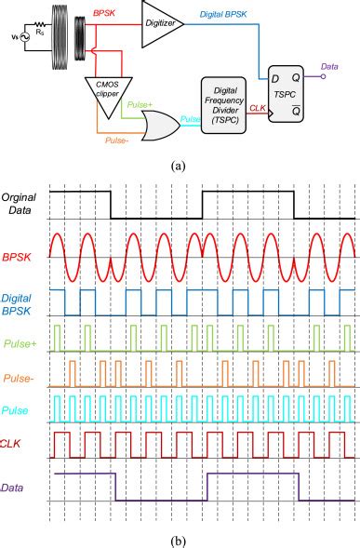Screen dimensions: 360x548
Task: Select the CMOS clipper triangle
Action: [108, 94]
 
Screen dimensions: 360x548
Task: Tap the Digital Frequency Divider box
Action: [223, 105]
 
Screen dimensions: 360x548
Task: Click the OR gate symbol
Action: [161, 126]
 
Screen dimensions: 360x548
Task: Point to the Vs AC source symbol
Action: [25, 37]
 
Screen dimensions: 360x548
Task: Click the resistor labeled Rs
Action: [40, 25]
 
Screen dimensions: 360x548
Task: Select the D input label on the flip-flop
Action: [275, 79]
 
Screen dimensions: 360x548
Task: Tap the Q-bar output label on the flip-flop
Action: [296, 110]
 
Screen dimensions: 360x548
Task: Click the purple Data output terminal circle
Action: [324, 76]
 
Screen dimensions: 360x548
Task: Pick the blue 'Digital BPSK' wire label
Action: [223, 14]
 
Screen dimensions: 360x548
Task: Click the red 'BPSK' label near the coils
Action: [104, 14]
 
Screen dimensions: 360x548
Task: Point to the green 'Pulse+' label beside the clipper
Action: [140, 105]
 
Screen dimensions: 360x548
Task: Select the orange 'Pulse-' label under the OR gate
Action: [115, 140]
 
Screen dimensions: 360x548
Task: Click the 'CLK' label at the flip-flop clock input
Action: [258, 108]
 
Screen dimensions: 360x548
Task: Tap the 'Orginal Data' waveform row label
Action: [19, 204]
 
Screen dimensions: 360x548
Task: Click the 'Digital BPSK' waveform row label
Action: [17, 304]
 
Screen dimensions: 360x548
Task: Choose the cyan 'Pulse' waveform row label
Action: [15, 410]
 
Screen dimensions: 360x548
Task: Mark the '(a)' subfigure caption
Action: [179, 166]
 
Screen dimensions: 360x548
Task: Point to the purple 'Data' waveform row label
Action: [13, 488]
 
